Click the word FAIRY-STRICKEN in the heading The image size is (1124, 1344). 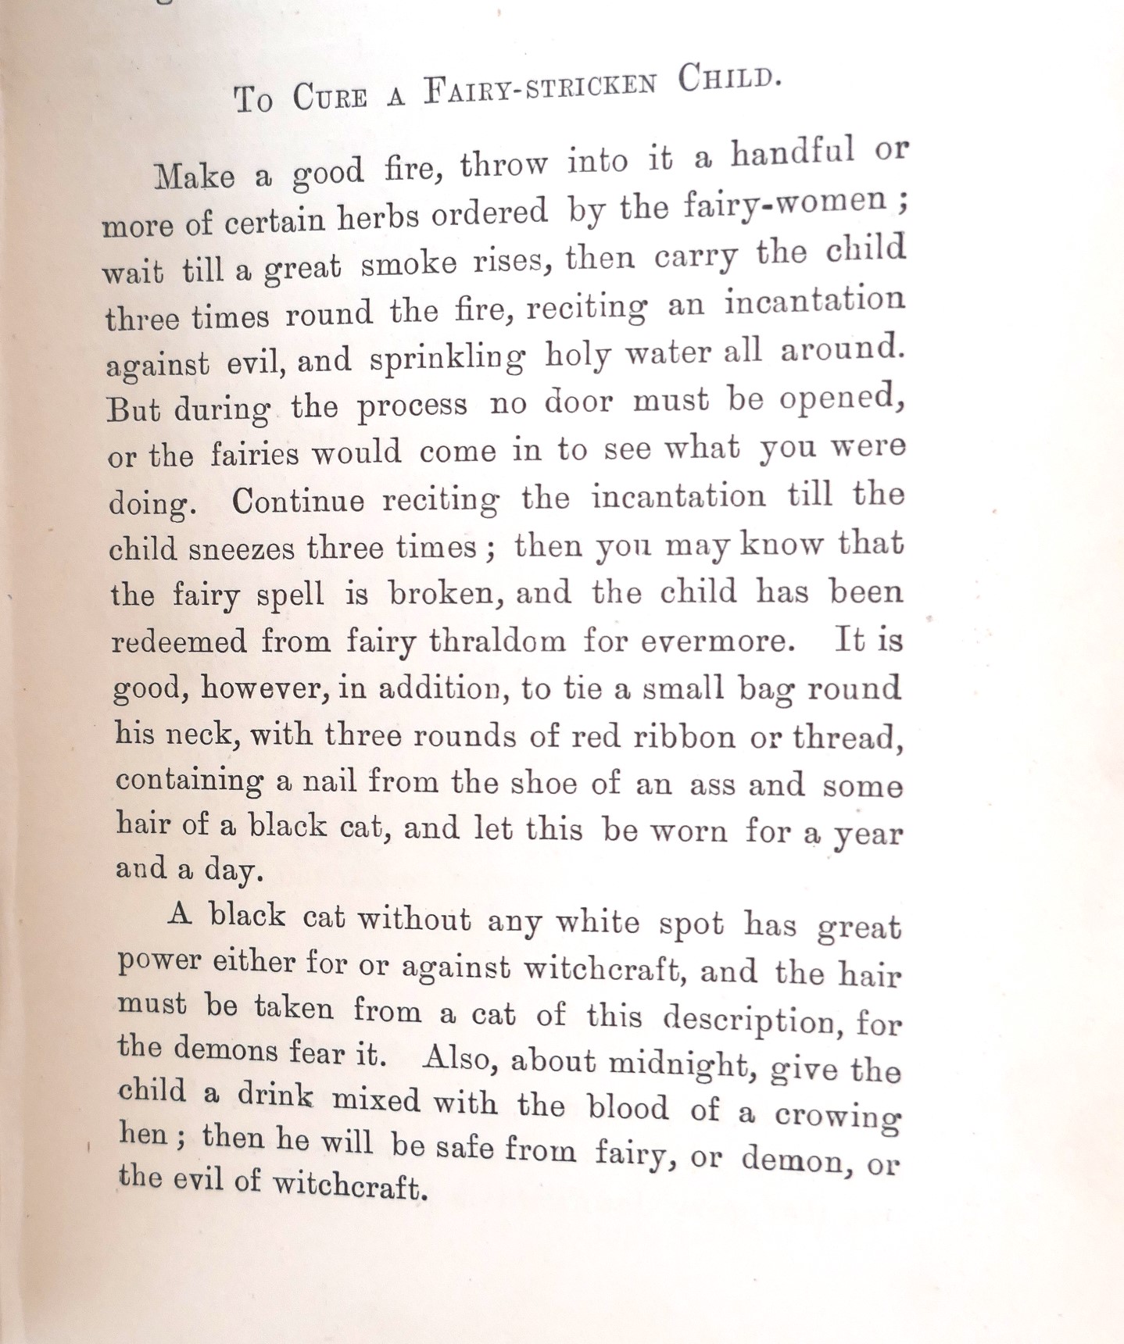point(540,88)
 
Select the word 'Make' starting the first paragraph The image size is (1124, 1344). point(195,176)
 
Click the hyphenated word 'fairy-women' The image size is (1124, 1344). point(785,203)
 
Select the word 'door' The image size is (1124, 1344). point(578,402)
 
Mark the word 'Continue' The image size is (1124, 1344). point(298,500)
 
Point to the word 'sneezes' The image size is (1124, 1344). point(242,548)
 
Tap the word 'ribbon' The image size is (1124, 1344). point(684,737)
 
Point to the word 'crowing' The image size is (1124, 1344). point(837,1117)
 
